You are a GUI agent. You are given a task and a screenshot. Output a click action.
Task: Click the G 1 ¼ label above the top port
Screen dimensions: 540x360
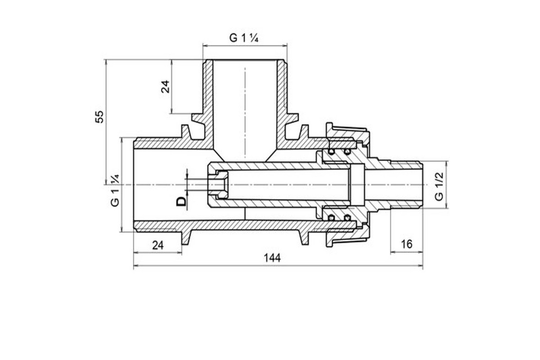tap(244, 38)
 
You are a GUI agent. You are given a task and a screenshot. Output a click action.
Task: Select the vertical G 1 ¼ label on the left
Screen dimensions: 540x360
tap(115, 190)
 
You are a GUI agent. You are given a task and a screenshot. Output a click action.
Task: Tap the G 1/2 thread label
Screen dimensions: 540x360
tap(439, 186)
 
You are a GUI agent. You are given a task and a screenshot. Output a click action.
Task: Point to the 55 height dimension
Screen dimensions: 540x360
tap(99, 117)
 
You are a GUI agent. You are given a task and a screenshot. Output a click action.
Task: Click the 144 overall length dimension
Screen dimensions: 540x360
tap(272, 258)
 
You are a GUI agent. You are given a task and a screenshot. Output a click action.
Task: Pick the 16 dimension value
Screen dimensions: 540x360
tap(407, 244)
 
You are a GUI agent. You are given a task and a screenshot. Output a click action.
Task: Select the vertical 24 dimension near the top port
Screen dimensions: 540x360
tap(166, 86)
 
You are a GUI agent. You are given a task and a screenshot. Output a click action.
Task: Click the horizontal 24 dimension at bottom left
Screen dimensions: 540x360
tap(158, 245)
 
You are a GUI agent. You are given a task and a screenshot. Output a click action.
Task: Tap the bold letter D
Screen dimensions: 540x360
tap(181, 201)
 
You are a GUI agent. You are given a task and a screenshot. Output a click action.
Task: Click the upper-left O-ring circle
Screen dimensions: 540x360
tap(332, 152)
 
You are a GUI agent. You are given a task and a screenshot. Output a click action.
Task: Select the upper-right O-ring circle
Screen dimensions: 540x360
tap(347, 152)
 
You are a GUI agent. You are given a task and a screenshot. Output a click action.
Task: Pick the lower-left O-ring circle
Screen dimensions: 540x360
tap(332, 218)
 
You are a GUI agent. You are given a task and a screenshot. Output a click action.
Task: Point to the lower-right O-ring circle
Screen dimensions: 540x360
tap(347, 218)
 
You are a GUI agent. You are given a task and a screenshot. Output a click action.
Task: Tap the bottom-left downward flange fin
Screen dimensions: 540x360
tap(186, 238)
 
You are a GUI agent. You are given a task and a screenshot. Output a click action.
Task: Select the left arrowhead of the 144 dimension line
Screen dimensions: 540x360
tap(136, 265)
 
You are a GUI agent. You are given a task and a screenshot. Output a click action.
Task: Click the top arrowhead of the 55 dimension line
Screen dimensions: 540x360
tap(106, 62)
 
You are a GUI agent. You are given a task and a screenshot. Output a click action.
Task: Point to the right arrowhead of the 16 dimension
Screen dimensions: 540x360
tap(420, 252)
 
